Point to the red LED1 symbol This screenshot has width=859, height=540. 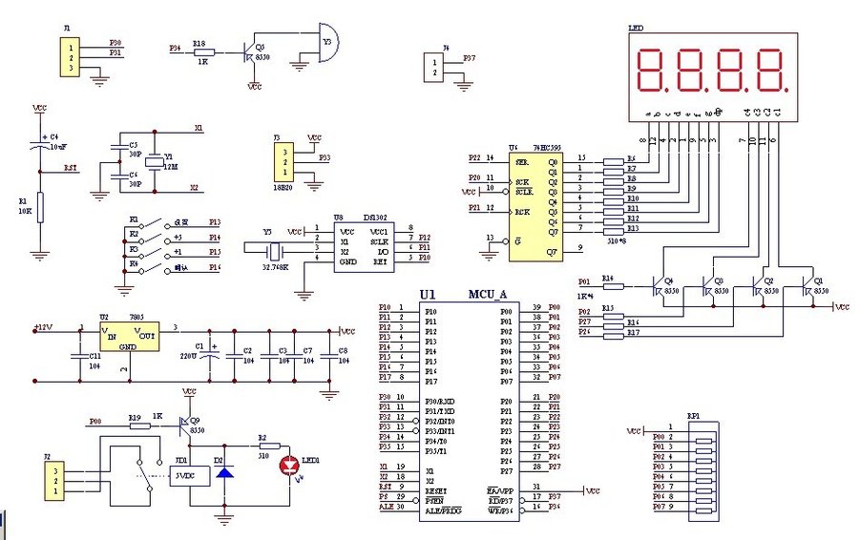point(289,466)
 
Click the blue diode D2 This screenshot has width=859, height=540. point(225,471)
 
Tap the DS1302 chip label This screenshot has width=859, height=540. point(374,218)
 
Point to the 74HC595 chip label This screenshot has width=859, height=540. point(529,148)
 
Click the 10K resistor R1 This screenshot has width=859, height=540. point(40,206)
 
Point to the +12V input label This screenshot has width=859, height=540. point(43,327)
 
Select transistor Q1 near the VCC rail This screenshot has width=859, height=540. point(809,285)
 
